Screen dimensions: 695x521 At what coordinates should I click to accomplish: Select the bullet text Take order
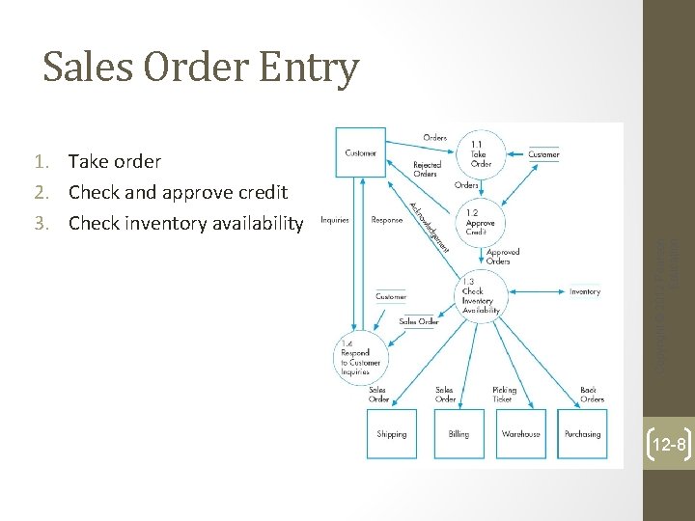(114, 162)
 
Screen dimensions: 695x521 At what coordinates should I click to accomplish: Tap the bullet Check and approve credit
(178, 193)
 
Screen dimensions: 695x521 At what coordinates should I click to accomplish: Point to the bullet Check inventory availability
(185, 224)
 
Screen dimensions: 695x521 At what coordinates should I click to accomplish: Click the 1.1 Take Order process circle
(480, 153)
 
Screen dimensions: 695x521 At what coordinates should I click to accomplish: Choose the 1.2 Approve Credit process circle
(480, 222)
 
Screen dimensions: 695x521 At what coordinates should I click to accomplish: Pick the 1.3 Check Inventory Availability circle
(480, 294)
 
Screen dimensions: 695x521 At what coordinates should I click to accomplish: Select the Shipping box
(392, 433)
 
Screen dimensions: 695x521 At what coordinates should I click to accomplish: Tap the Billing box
(459, 433)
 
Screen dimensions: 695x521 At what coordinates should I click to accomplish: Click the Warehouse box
(521, 433)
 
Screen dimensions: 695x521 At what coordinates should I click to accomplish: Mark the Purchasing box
(582, 433)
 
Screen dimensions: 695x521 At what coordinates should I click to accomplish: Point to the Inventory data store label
(584, 291)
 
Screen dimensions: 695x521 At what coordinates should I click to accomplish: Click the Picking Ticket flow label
(505, 395)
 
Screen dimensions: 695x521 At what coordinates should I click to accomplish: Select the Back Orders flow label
(592, 395)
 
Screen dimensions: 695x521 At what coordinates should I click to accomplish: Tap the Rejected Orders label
(426, 169)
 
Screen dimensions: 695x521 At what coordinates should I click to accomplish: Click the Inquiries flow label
(334, 220)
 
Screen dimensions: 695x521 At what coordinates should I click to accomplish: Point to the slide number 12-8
(668, 445)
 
